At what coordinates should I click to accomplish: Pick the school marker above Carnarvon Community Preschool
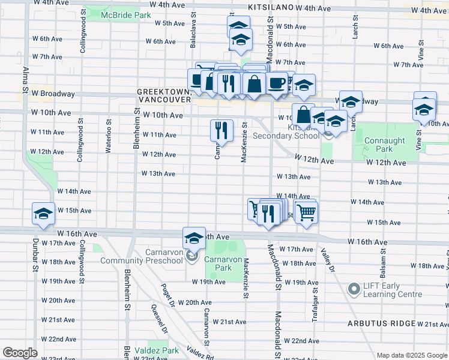(x=194, y=239)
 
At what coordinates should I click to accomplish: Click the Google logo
(x=20, y=353)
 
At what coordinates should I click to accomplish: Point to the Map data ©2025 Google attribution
(x=411, y=355)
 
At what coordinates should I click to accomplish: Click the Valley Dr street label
(x=327, y=263)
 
